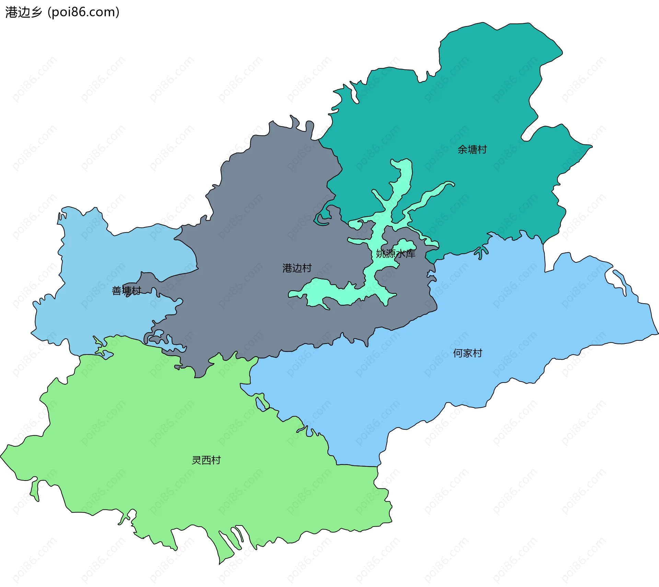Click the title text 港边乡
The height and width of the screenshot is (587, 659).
(23, 12)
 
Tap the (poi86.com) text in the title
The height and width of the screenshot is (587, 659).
(83, 12)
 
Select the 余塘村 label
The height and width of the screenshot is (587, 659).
(472, 150)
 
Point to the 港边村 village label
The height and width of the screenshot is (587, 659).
(297, 268)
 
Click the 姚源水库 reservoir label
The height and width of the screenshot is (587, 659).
(395, 253)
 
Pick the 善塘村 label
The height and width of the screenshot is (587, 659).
(126, 291)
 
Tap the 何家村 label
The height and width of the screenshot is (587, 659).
(467, 353)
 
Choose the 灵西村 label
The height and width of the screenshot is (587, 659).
(206, 460)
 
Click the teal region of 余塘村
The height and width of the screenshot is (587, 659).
(481, 103)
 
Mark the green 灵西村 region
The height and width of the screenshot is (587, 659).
(172, 429)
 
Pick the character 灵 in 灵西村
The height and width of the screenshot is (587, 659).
(196, 460)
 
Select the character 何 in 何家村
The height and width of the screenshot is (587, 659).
(458, 353)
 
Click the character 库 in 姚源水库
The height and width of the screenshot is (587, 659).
(411, 253)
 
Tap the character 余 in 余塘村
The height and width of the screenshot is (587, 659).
(462, 150)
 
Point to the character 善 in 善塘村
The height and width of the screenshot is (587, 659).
(117, 291)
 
